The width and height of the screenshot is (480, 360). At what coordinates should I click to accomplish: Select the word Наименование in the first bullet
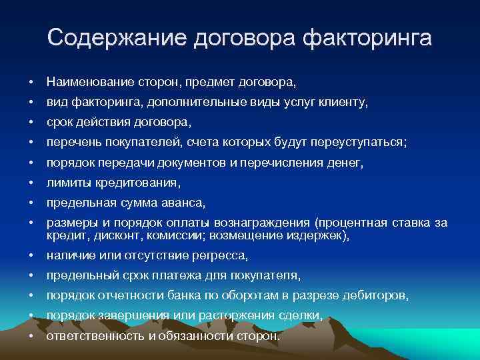88,83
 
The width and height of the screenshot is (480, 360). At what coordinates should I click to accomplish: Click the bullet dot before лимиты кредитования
31,182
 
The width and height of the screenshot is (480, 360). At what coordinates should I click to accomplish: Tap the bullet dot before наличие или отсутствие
31,256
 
